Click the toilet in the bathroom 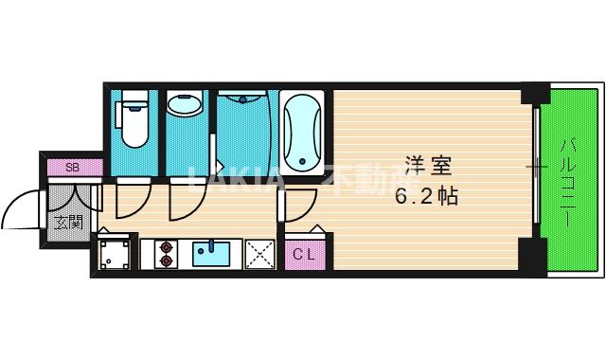pos(132,121)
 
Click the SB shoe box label pos(72,168)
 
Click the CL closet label pos(303,253)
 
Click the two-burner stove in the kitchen pos(167,253)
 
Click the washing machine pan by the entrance pos(116,253)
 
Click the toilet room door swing pos(129,196)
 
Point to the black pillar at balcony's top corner pos(536,94)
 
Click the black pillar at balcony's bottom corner pos(534,256)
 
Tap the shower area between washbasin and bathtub pos(244,133)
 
